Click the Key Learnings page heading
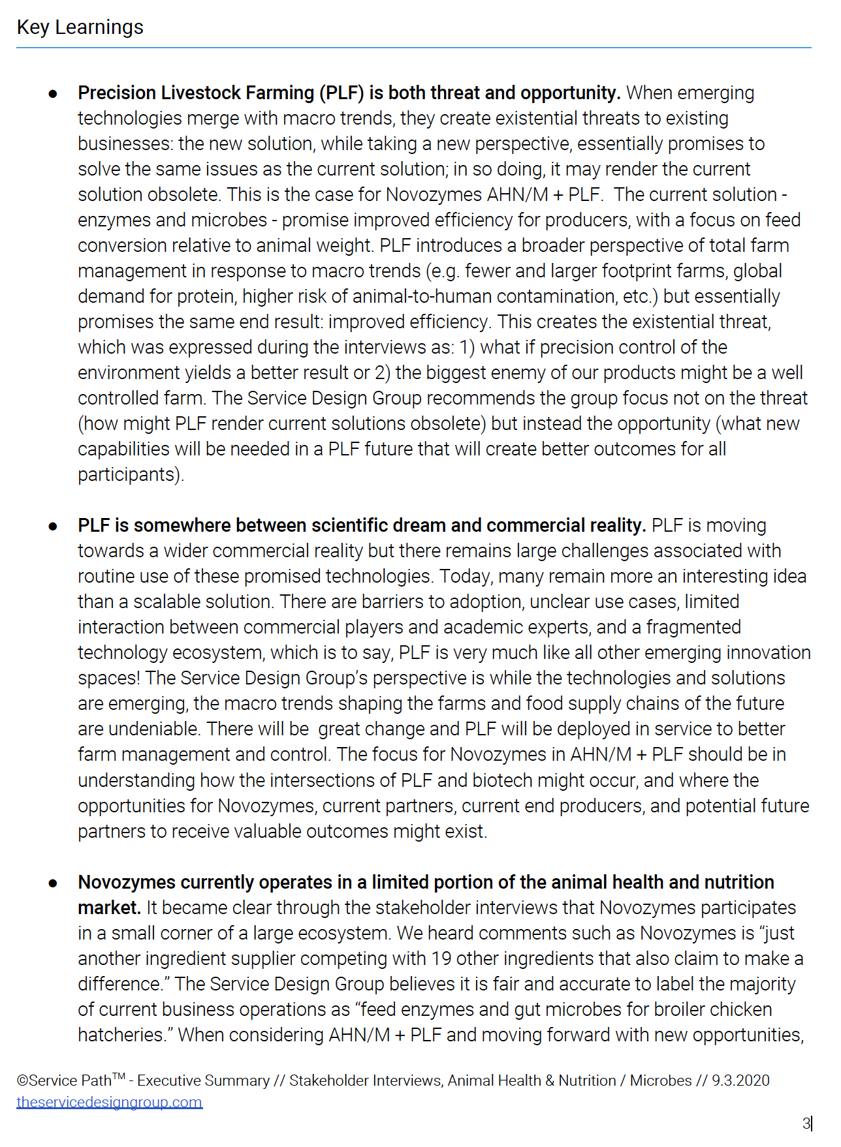click(x=80, y=27)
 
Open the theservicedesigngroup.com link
click(x=109, y=1102)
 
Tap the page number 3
click(x=806, y=1124)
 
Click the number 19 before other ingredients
click(x=441, y=958)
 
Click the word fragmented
click(x=693, y=627)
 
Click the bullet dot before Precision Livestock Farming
click(x=53, y=94)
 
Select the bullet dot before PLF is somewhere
click(x=53, y=527)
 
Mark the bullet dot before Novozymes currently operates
click(x=53, y=883)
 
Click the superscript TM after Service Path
click(x=119, y=1076)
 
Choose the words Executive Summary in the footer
click(x=203, y=1080)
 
